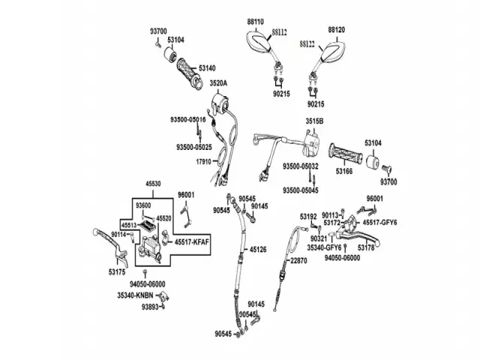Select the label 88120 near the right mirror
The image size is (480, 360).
tap(337, 30)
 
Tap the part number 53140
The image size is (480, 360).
tap(208, 68)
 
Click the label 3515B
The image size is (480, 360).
tap(314, 120)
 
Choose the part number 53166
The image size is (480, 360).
tap(344, 171)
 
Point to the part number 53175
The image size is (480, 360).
tap(117, 271)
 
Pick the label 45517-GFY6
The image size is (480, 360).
tap(379, 222)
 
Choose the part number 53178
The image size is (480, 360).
tap(366, 247)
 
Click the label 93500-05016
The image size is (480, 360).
tap(187, 120)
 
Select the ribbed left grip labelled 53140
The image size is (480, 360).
tap(187, 76)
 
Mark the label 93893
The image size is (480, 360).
tap(150, 307)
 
